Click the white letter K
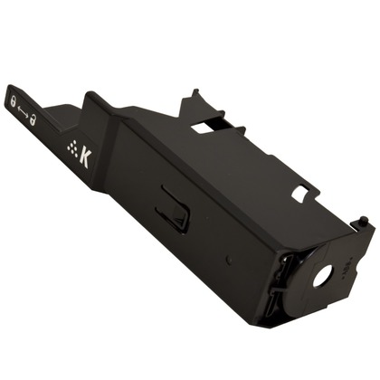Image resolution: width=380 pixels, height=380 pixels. [x=84, y=158]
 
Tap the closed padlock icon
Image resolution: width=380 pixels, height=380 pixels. [x=13, y=101]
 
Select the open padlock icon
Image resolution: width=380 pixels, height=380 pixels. [x=33, y=119]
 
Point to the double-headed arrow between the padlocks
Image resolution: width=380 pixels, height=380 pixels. [x=23, y=110]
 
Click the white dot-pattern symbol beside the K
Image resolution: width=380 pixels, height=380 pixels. [x=71, y=146]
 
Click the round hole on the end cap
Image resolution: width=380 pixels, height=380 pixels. [x=322, y=276]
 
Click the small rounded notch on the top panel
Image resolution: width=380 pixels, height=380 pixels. [x=300, y=192]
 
